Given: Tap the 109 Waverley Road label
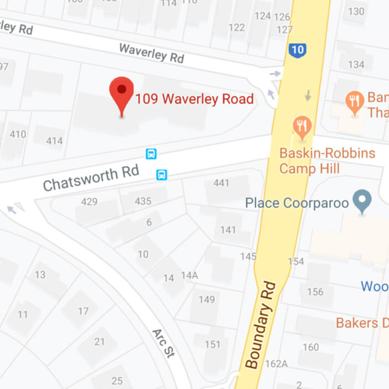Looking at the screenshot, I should pyautogui.click(x=194, y=100).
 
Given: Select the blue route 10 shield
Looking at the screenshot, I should pyautogui.click(x=297, y=50).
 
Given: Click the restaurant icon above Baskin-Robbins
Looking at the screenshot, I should pyautogui.click(x=302, y=128).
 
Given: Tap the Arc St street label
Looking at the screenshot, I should pyautogui.click(x=163, y=343).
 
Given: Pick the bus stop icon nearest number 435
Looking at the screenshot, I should pyautogui.click(x=162, y=175).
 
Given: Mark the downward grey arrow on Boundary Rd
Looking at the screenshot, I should pyautogui.click(x=308, y=96).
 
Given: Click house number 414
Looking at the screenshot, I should pyautogui.click(x=54, y=141).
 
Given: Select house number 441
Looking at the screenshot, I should pyautogui.click(x=221, y=183).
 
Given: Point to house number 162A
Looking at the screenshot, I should pyautogui.click(x=276, y=364).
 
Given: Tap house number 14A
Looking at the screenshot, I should pyautogui.click(x=189, y=275).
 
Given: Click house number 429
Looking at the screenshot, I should pyautogui.click(x=89, y=201).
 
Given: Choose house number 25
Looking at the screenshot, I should pyautogui.click(x=117, y=381).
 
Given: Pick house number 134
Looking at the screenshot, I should pyautogui.click(x=356, y=65).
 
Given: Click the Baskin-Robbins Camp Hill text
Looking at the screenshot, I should pyautogui.click(x=327, y=160).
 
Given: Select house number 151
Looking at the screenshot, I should pyautogui.click(x=212, y=344).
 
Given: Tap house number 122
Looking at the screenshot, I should pyautogui.click(x=236, y=27).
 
